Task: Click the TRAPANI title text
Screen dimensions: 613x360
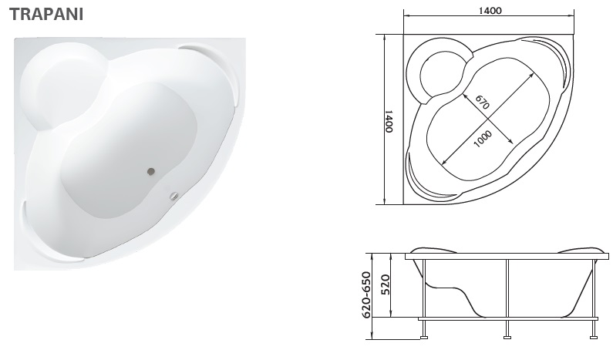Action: click(46, 14)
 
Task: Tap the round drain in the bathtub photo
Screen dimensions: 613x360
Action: click(151, 171)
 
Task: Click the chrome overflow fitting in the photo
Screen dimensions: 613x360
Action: click(173, 196)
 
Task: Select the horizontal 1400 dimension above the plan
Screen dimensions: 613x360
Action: click(490, 11)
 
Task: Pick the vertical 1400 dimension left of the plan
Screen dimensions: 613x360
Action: click(389, 121)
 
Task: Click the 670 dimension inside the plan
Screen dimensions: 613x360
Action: click(483, 102)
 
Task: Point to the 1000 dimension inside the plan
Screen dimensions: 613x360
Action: click(483, 140)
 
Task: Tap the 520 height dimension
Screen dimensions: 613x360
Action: click(385, 285)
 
